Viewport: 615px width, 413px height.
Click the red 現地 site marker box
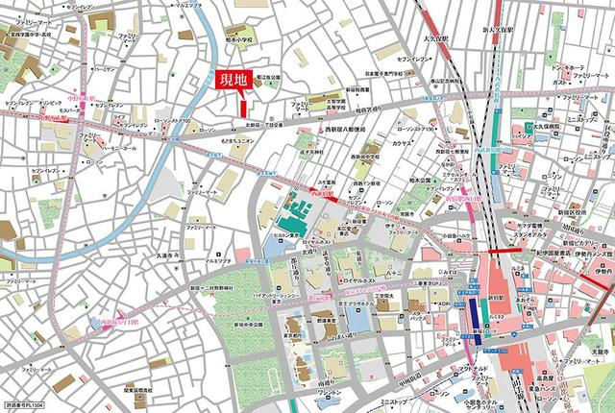(x=233, y=84)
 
